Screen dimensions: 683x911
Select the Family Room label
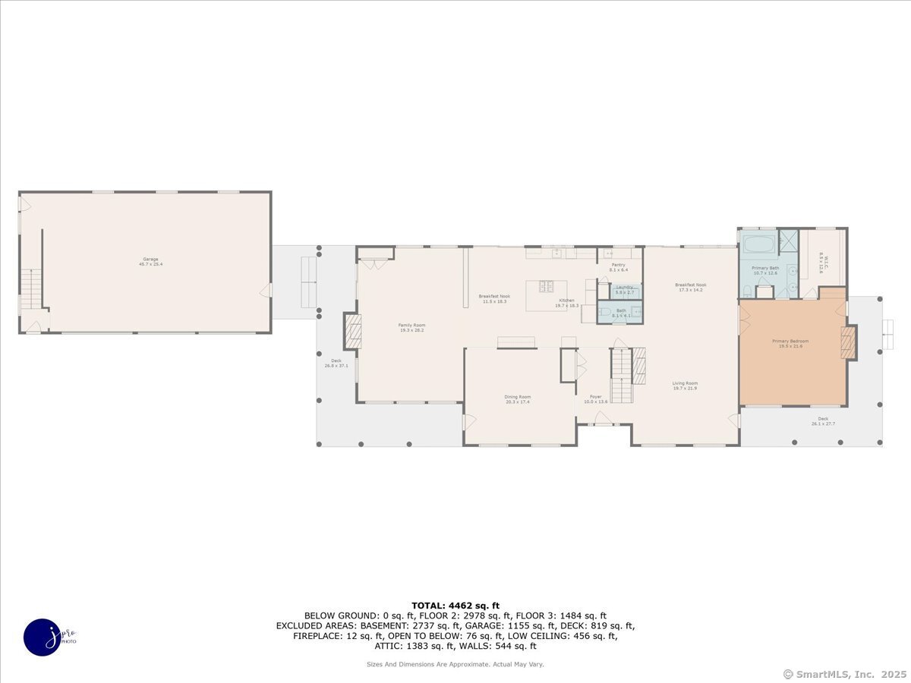[412, 327]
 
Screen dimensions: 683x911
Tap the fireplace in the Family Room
[353, 332]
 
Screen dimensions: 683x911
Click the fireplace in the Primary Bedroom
[848, 342]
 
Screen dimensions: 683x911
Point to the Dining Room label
[518, 398]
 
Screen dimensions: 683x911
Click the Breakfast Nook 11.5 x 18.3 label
[493, 298]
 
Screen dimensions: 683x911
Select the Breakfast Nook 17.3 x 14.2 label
[690, 287]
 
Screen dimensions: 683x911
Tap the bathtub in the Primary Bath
[757, 244]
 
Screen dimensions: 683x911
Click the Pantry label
[619, 267]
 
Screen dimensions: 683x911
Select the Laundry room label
[625, 289]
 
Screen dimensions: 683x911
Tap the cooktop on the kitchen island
[547, 286]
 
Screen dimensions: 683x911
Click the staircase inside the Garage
[30, 288]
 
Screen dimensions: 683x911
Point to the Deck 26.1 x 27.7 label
[823, 420]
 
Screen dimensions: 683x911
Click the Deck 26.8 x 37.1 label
[336, 363]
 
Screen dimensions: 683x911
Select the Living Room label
[685, 386]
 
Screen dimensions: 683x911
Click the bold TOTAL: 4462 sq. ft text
[455, 605]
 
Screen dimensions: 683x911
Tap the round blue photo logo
[43, 637]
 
